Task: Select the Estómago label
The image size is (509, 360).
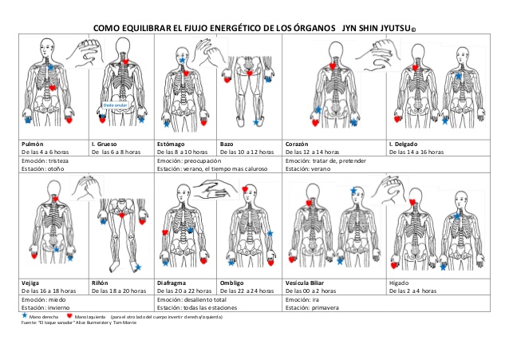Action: pos(172,144)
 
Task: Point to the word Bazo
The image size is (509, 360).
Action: pos(227,144)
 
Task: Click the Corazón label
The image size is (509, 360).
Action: pos(298,144)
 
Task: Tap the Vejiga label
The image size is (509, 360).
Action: pos(32,283)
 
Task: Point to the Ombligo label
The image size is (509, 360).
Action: pos(233,283)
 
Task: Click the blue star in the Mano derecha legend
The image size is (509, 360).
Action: pos(24,316)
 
